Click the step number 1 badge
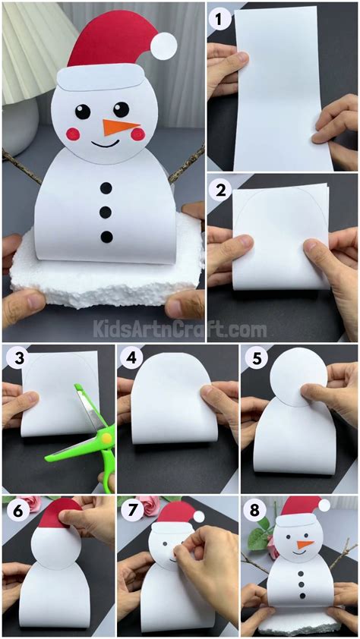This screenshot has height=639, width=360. coord(220,20)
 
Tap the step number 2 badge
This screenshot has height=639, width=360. coord(220,190)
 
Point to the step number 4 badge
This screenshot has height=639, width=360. coord(131,359)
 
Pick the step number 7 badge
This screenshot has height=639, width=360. coord(131,511)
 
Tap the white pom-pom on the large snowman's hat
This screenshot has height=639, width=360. coord(163,46)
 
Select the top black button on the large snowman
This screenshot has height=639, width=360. coord(106,188)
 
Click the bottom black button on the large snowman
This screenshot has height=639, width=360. coord(106,236)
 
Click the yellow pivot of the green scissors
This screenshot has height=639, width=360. coord(106,439)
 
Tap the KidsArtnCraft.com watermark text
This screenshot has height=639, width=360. coord(180,329)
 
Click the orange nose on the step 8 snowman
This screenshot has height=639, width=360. coord(305,545)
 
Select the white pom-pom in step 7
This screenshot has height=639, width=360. coord(199,517)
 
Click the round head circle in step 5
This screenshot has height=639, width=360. coord(298,377)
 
